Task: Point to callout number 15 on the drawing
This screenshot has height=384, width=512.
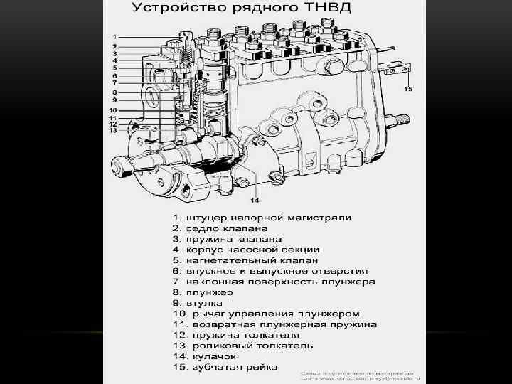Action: [x=408, y=90]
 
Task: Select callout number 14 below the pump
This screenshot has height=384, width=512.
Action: [x=253, y=199]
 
